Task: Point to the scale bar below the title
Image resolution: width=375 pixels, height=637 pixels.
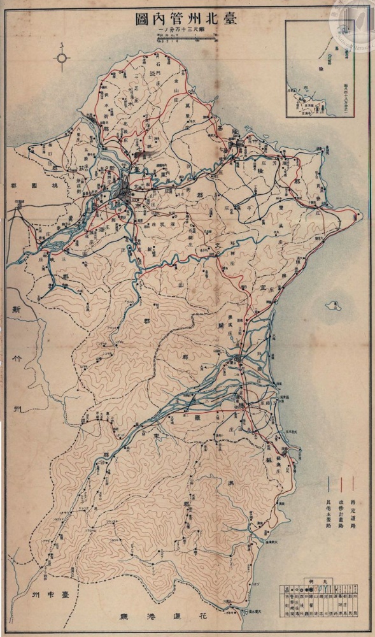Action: (185, 39)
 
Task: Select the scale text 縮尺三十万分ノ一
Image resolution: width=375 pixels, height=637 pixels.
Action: (185, 32)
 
